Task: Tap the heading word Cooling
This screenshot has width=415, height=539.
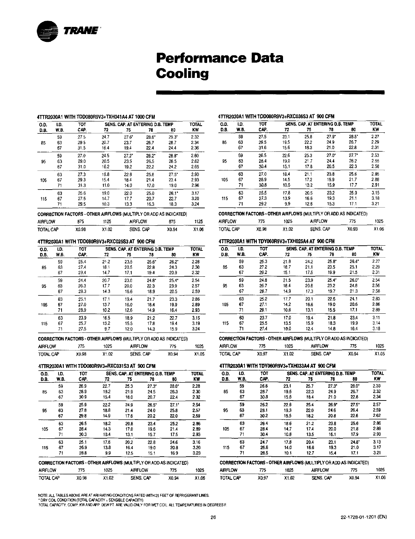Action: pyautogui.click(x=182, y=73)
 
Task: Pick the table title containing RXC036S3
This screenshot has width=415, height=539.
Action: pyautogui.click(x=276, y=116)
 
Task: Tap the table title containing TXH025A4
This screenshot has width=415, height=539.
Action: pyautogui.click(x=277, y=241)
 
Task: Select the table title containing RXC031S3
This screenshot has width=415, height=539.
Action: pyautogui.click(x=97, y=366)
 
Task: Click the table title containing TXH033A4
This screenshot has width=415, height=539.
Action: pyautogui.click(x=278, y=366)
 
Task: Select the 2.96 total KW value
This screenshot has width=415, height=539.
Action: pyautogui.click(x=195, y=185)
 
